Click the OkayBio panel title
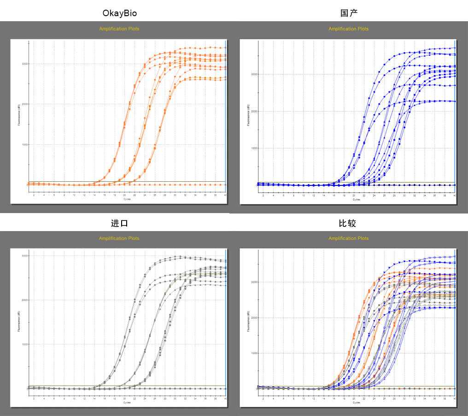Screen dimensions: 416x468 point(119,13)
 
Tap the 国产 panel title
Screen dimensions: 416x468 point(349,13)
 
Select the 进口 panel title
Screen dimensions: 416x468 point(119,223)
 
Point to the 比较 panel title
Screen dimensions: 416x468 point(349,223)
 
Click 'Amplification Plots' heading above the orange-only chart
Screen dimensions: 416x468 point(119,29)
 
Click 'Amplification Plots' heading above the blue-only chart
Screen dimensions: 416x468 point(348,29)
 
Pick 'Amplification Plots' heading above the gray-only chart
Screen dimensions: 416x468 point(119,238)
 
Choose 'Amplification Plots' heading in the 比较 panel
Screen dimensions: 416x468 point(348,238)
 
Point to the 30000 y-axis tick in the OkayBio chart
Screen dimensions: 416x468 point(24,64)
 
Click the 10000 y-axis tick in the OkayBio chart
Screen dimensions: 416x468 point(24,144)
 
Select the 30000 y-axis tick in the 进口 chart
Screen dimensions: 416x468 point(24,256)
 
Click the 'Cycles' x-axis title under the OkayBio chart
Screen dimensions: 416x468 point(126,200)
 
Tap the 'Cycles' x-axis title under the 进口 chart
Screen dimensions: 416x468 point(126,403)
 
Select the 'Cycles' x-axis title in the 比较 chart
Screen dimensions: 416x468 point(356,403)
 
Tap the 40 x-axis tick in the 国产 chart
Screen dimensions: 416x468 point(454,196)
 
